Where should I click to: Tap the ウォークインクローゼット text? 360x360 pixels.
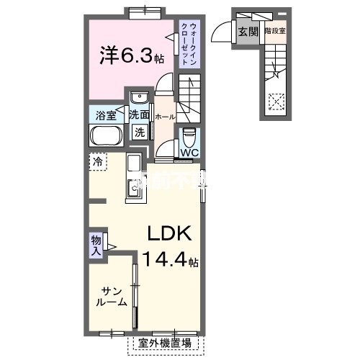189,45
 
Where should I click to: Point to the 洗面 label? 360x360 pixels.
139,114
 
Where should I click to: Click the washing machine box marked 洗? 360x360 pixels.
140,132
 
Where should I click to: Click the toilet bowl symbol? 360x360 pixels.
189,135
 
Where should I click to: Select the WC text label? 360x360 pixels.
189,153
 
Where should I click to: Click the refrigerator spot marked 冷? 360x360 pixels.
96,163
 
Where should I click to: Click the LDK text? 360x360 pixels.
169,234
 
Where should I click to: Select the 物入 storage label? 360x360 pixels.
96,245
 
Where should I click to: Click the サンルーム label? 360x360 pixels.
112,296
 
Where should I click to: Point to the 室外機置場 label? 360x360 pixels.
165,343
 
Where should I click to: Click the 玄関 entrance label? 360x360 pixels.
248,31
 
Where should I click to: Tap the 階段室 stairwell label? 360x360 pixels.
274,31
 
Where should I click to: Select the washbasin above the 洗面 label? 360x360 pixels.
139,97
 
